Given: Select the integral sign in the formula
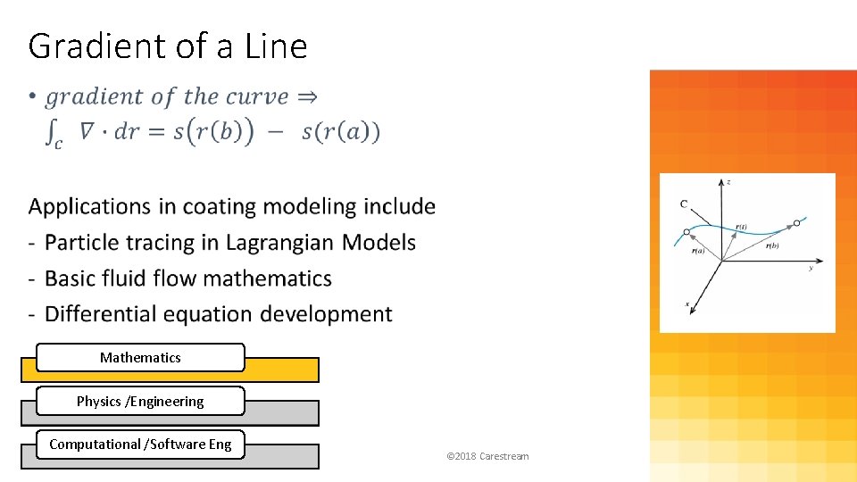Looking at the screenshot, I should (53, 135).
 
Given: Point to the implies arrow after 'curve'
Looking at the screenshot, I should (306, 96).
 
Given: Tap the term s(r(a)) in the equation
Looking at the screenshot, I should (341, 133).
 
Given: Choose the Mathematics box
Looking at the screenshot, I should (140, 357).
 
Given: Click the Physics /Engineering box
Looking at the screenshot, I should (140, 401).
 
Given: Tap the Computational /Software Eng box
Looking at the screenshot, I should (140, 444).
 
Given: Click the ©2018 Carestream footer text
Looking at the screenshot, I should (487, 456).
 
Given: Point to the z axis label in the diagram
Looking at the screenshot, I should (729, 182).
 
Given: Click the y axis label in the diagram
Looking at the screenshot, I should (811, 267).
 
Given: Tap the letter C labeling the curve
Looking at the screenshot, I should (684, 204).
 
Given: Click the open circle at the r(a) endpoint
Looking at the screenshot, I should (686, 232).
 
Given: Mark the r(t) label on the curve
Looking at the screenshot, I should (741, 227).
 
